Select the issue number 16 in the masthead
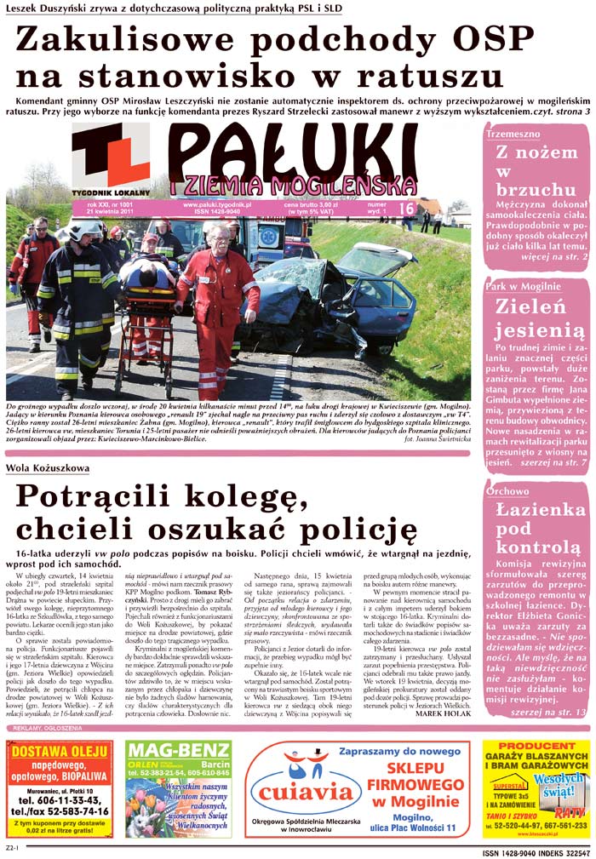tap(405, 207)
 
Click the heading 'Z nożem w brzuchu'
tap(536, 171)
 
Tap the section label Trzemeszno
tap(513, 135)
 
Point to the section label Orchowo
tap(507, 491)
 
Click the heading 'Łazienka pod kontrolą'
tap(536, 529)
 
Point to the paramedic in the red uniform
tap(216, 289)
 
